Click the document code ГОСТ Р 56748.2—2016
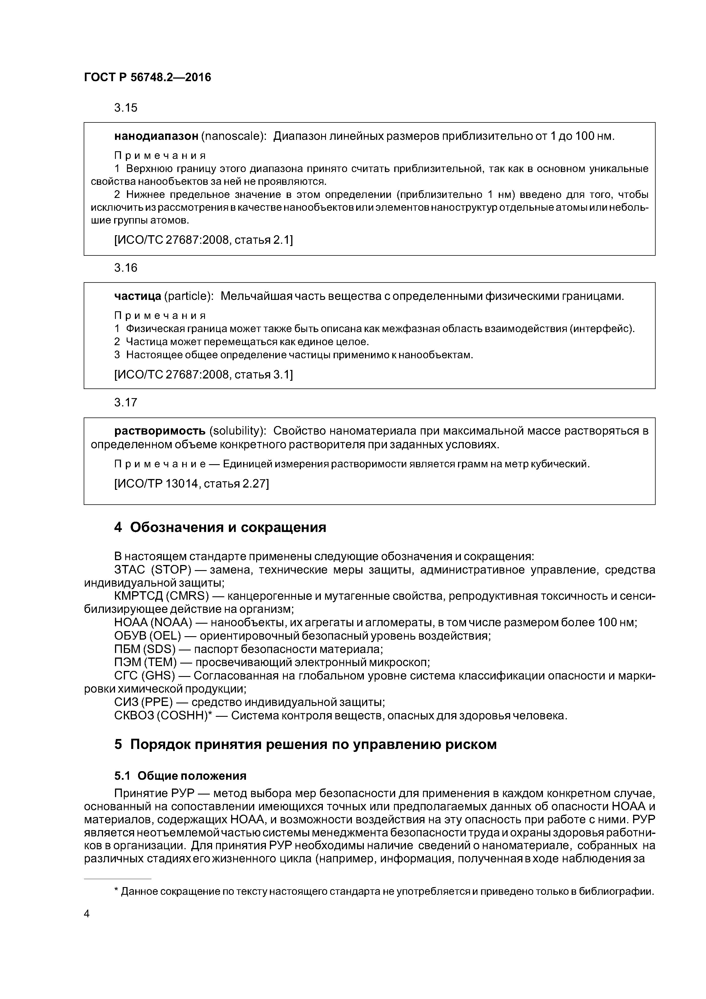[147, 77]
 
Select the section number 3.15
[126, 107]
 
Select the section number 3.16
[126, 268]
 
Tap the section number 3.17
[126, 402]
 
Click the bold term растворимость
[160, 431]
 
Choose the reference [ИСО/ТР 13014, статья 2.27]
[191, 483]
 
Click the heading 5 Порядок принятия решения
[305, 744]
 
